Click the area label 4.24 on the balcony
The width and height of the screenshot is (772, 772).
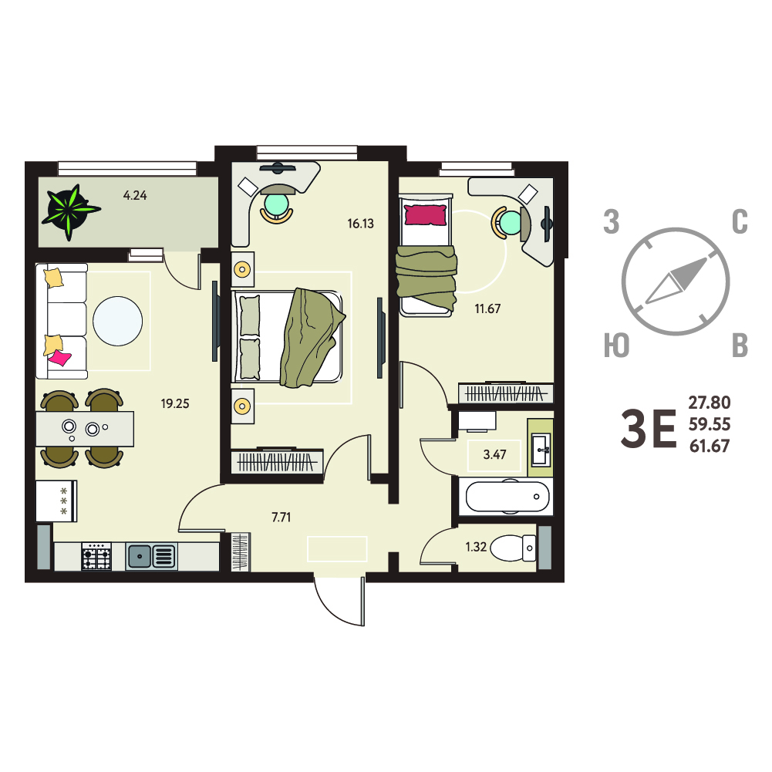[x=135, y=195]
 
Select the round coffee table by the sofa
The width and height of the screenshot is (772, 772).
[x=118, y=321]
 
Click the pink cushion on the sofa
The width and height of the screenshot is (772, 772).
[x=59, y=357]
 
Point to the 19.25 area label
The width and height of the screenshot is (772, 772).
[x=175, y=403]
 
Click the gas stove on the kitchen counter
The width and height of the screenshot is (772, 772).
[x=96, y=556]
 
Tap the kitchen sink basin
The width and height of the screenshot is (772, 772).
[x=140, y=556]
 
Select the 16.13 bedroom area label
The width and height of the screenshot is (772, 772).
[x=360, y=224]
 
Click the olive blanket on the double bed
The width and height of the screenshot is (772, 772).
[x=311, y=338]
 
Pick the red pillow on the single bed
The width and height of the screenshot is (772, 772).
[x=426, y=215]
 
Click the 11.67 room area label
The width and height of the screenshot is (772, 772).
[x=487, y=308]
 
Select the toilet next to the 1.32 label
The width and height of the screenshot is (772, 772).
[x=513, y=548]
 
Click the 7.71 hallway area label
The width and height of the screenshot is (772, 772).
[x=281, y=517]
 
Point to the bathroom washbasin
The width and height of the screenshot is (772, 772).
[x=541, y=449]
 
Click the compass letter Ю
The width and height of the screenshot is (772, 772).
[x=616, y=346]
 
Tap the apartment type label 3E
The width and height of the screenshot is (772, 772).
[x=649, y=429]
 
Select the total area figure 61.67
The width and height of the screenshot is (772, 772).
[x=710, y=446]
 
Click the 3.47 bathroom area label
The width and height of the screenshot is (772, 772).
[x=495, y=454]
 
